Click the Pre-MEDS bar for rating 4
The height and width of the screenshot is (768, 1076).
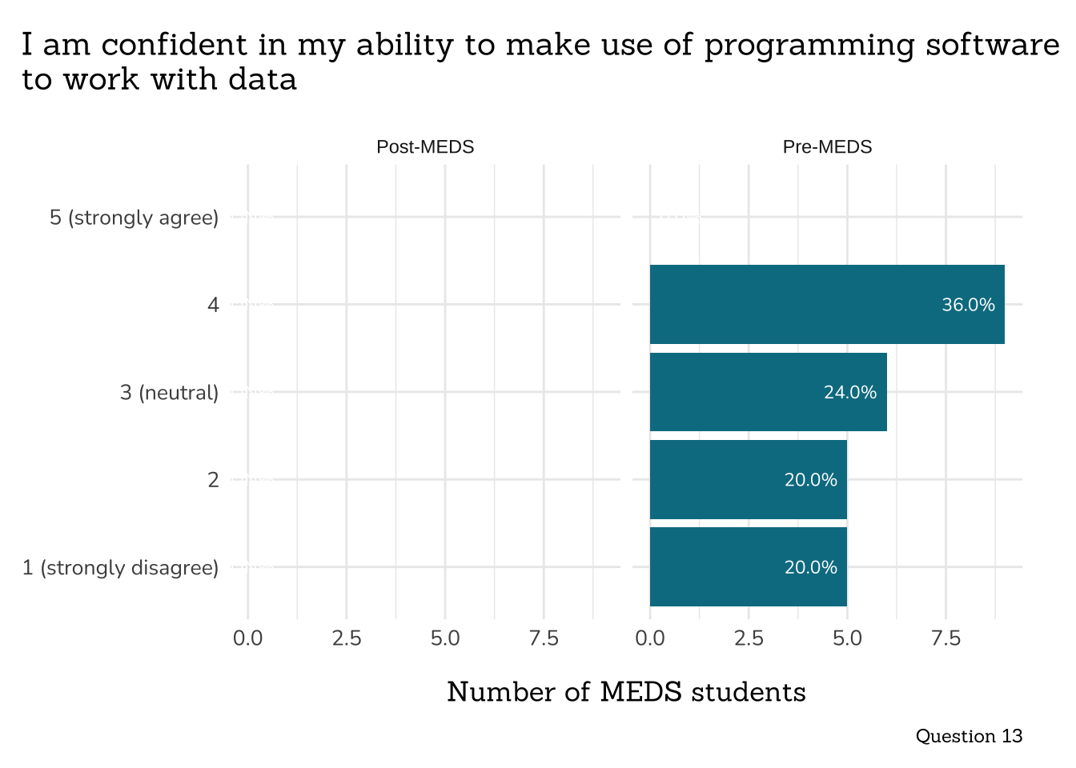(x=826, y=304)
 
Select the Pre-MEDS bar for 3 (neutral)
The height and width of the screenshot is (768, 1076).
(x=768, y=392)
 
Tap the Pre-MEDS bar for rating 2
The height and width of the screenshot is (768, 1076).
(x=748, y=479)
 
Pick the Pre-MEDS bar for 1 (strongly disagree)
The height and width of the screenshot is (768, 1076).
(x=748, y=567)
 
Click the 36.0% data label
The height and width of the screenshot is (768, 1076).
(x=968, y=305)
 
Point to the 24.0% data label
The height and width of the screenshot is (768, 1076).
(x=850, y=392)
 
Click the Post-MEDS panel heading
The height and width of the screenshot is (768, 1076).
(x=425, y=147)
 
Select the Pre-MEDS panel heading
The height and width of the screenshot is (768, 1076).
(x=827, y=147)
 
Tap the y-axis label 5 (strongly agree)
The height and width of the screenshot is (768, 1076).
(x=134, y=218)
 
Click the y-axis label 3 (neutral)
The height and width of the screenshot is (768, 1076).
(x=169, y=393)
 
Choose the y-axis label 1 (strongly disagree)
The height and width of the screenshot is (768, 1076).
(x=120, y=568)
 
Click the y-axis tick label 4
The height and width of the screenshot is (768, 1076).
(x=213, y=305)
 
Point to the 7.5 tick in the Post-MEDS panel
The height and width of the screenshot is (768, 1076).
(x=544, y=638)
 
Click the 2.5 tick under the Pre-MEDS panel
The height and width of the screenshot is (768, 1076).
(x=749, y=638)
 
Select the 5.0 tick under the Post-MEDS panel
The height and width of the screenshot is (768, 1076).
(x=445, y=638)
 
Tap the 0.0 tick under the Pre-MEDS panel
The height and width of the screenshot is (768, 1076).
(x=650, y=638)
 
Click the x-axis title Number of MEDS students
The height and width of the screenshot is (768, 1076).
(x=626, y=692)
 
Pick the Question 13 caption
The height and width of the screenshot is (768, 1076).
(x=969, y=736)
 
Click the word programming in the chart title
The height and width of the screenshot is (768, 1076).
(x=809, y=46)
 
